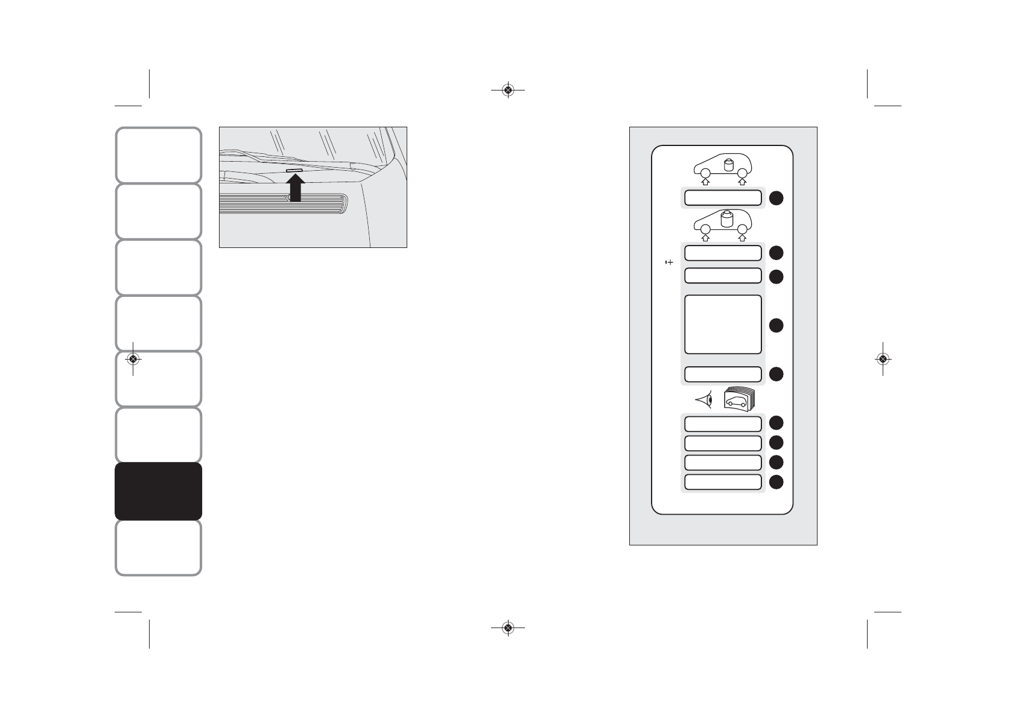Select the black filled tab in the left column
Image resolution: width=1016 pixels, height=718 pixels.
point(158,491)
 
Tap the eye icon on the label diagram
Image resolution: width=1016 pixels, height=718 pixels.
point(705,399)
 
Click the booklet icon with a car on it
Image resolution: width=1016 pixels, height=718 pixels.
point(740,399)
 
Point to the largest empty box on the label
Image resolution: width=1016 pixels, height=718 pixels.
point(723,324)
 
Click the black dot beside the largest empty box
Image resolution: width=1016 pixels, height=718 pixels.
point(776,325)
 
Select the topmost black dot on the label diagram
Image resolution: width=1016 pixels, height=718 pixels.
point(776,198)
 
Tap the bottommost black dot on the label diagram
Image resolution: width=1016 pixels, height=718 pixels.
point(776,481)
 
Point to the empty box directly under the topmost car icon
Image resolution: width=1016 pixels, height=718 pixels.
point(723,198)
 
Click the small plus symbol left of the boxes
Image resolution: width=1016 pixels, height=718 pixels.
point(668,262)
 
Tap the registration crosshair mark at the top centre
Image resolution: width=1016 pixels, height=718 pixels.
point(507,91)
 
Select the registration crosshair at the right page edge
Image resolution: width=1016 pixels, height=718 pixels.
point(883,359)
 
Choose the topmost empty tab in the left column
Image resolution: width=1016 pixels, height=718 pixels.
point(158,155)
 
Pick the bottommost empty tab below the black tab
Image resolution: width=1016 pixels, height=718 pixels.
point(158,548)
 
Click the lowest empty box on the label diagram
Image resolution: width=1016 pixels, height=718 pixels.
point(723,481)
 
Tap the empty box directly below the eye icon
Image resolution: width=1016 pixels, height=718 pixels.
point(723,424)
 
